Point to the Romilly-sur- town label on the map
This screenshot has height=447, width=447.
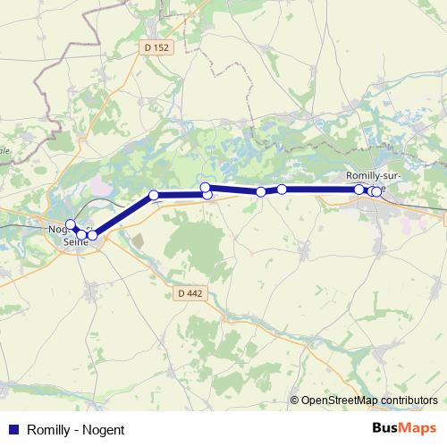point(374,175)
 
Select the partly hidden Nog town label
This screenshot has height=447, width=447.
point(55,229)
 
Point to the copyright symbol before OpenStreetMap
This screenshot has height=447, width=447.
point(296,401)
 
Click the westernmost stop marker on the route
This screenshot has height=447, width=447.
point(71,224)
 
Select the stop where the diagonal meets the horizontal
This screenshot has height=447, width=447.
point(154,195)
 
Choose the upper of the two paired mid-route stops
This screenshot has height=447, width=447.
point(205,187)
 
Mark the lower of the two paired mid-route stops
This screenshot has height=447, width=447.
point(207,194)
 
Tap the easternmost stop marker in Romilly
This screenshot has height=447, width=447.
point(377,190)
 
